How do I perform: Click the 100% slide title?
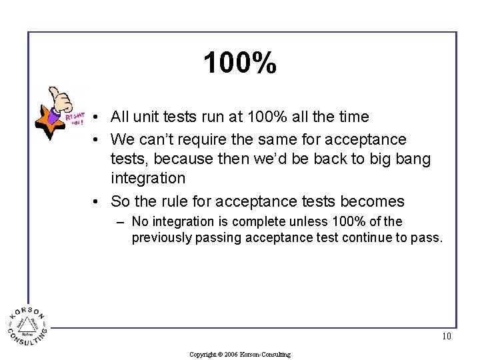click(240, 63)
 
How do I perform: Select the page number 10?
click(446, 336)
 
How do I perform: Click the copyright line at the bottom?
click(240, 355)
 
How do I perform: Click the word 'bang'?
click(414, 159)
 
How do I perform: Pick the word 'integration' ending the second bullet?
click(148, 178)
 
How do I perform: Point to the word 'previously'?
click(161, 237)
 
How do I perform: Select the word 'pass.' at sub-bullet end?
click(427, 238)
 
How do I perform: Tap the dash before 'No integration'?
click(121, 222)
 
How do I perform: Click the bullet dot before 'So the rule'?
click(97, 202)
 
